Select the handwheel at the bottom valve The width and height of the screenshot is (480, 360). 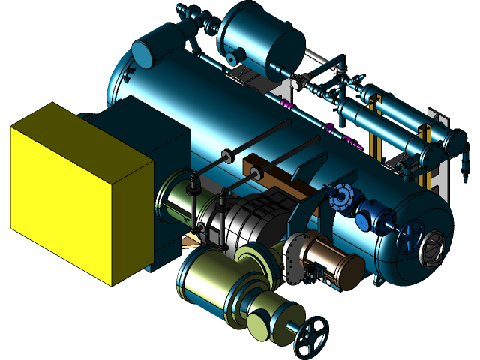click(311, 337)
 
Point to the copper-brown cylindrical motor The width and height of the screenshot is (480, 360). click(330, 259)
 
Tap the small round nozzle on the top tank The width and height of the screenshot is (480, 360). click(239, 56)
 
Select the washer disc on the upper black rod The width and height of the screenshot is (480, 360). click(227, 156)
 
